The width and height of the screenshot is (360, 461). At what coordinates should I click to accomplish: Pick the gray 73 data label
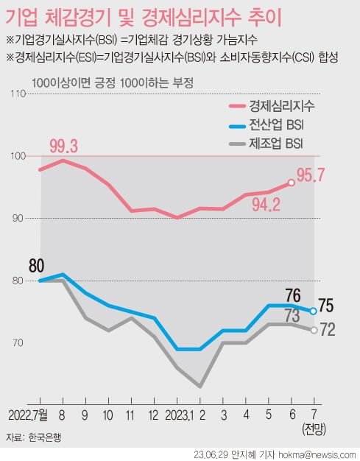coord(292,316)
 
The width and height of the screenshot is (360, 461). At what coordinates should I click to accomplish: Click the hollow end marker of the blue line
coord(314,312)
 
